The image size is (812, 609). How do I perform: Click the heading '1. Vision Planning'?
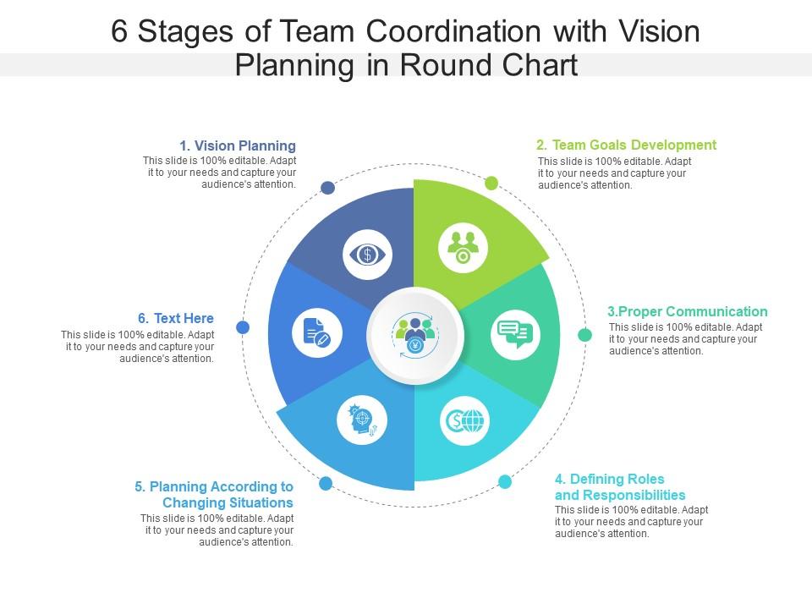(x=237, y=145)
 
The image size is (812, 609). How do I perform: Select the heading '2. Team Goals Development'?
(x=626, y=145)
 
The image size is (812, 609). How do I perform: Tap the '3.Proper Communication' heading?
(x=688, y=311)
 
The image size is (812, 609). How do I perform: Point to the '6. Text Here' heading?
(x=176, y=318)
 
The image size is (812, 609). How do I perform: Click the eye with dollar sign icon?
(x=368, y=254)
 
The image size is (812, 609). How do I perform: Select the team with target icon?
(x=463, y=247)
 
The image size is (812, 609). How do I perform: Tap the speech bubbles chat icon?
(x=514, y=334)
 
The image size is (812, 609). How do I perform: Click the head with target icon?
(x=362, y=420)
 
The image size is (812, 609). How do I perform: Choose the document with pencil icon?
(x=316, y=332)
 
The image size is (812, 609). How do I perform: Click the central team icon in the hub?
(x=414, y=335)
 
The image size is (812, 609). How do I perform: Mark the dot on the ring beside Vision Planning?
(x=327, y=188)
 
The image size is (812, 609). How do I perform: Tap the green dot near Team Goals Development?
(x=491, y=183)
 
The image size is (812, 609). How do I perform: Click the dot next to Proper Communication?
(x=584, y=335)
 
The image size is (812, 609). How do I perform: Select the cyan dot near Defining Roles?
(x=505, y=482)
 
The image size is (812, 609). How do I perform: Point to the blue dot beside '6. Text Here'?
(x=243, y=326)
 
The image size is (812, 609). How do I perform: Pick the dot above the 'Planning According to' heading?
(x=325, y=483)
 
